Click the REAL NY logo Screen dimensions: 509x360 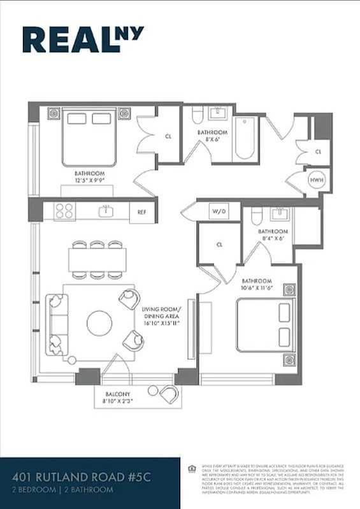(x=83, y=39)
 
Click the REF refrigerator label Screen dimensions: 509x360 (x=142, y=212)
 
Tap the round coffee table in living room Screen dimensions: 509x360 (x=99, y=323)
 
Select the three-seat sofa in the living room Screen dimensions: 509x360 (x=56, y=324)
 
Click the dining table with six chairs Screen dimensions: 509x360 (x=97, y=260)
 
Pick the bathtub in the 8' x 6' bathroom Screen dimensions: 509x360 (x=245, y=138)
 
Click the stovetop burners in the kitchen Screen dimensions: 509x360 (x=64, y=211)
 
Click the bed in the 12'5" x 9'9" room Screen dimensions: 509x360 (x=89, y=137)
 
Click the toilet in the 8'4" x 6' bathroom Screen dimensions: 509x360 (x=256, y=217)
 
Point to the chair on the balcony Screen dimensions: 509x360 (x=169, y=394)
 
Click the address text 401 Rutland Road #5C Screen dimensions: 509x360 (x=76, y=478)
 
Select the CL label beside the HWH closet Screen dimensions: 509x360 (x=318, y=152)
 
